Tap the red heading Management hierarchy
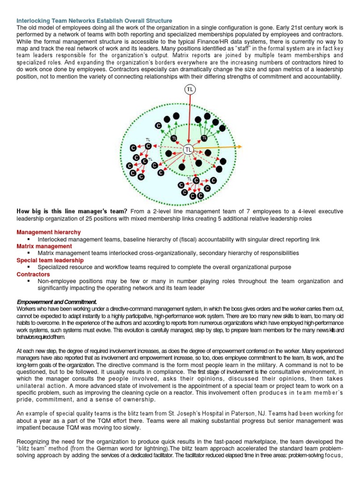[48, 232]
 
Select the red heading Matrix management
[44, 246]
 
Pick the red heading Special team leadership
[50, 260]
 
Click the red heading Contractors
[33, 274]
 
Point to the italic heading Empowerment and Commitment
[58, 301]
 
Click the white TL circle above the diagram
[189, 90]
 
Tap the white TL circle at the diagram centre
[188, 149]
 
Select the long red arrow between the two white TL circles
[189, 120]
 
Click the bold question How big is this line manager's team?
[73, 211]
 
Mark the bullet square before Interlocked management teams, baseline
[29, 240]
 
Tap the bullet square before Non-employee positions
[29, 281]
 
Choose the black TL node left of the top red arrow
[174, 138]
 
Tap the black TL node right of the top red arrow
[204, 138]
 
